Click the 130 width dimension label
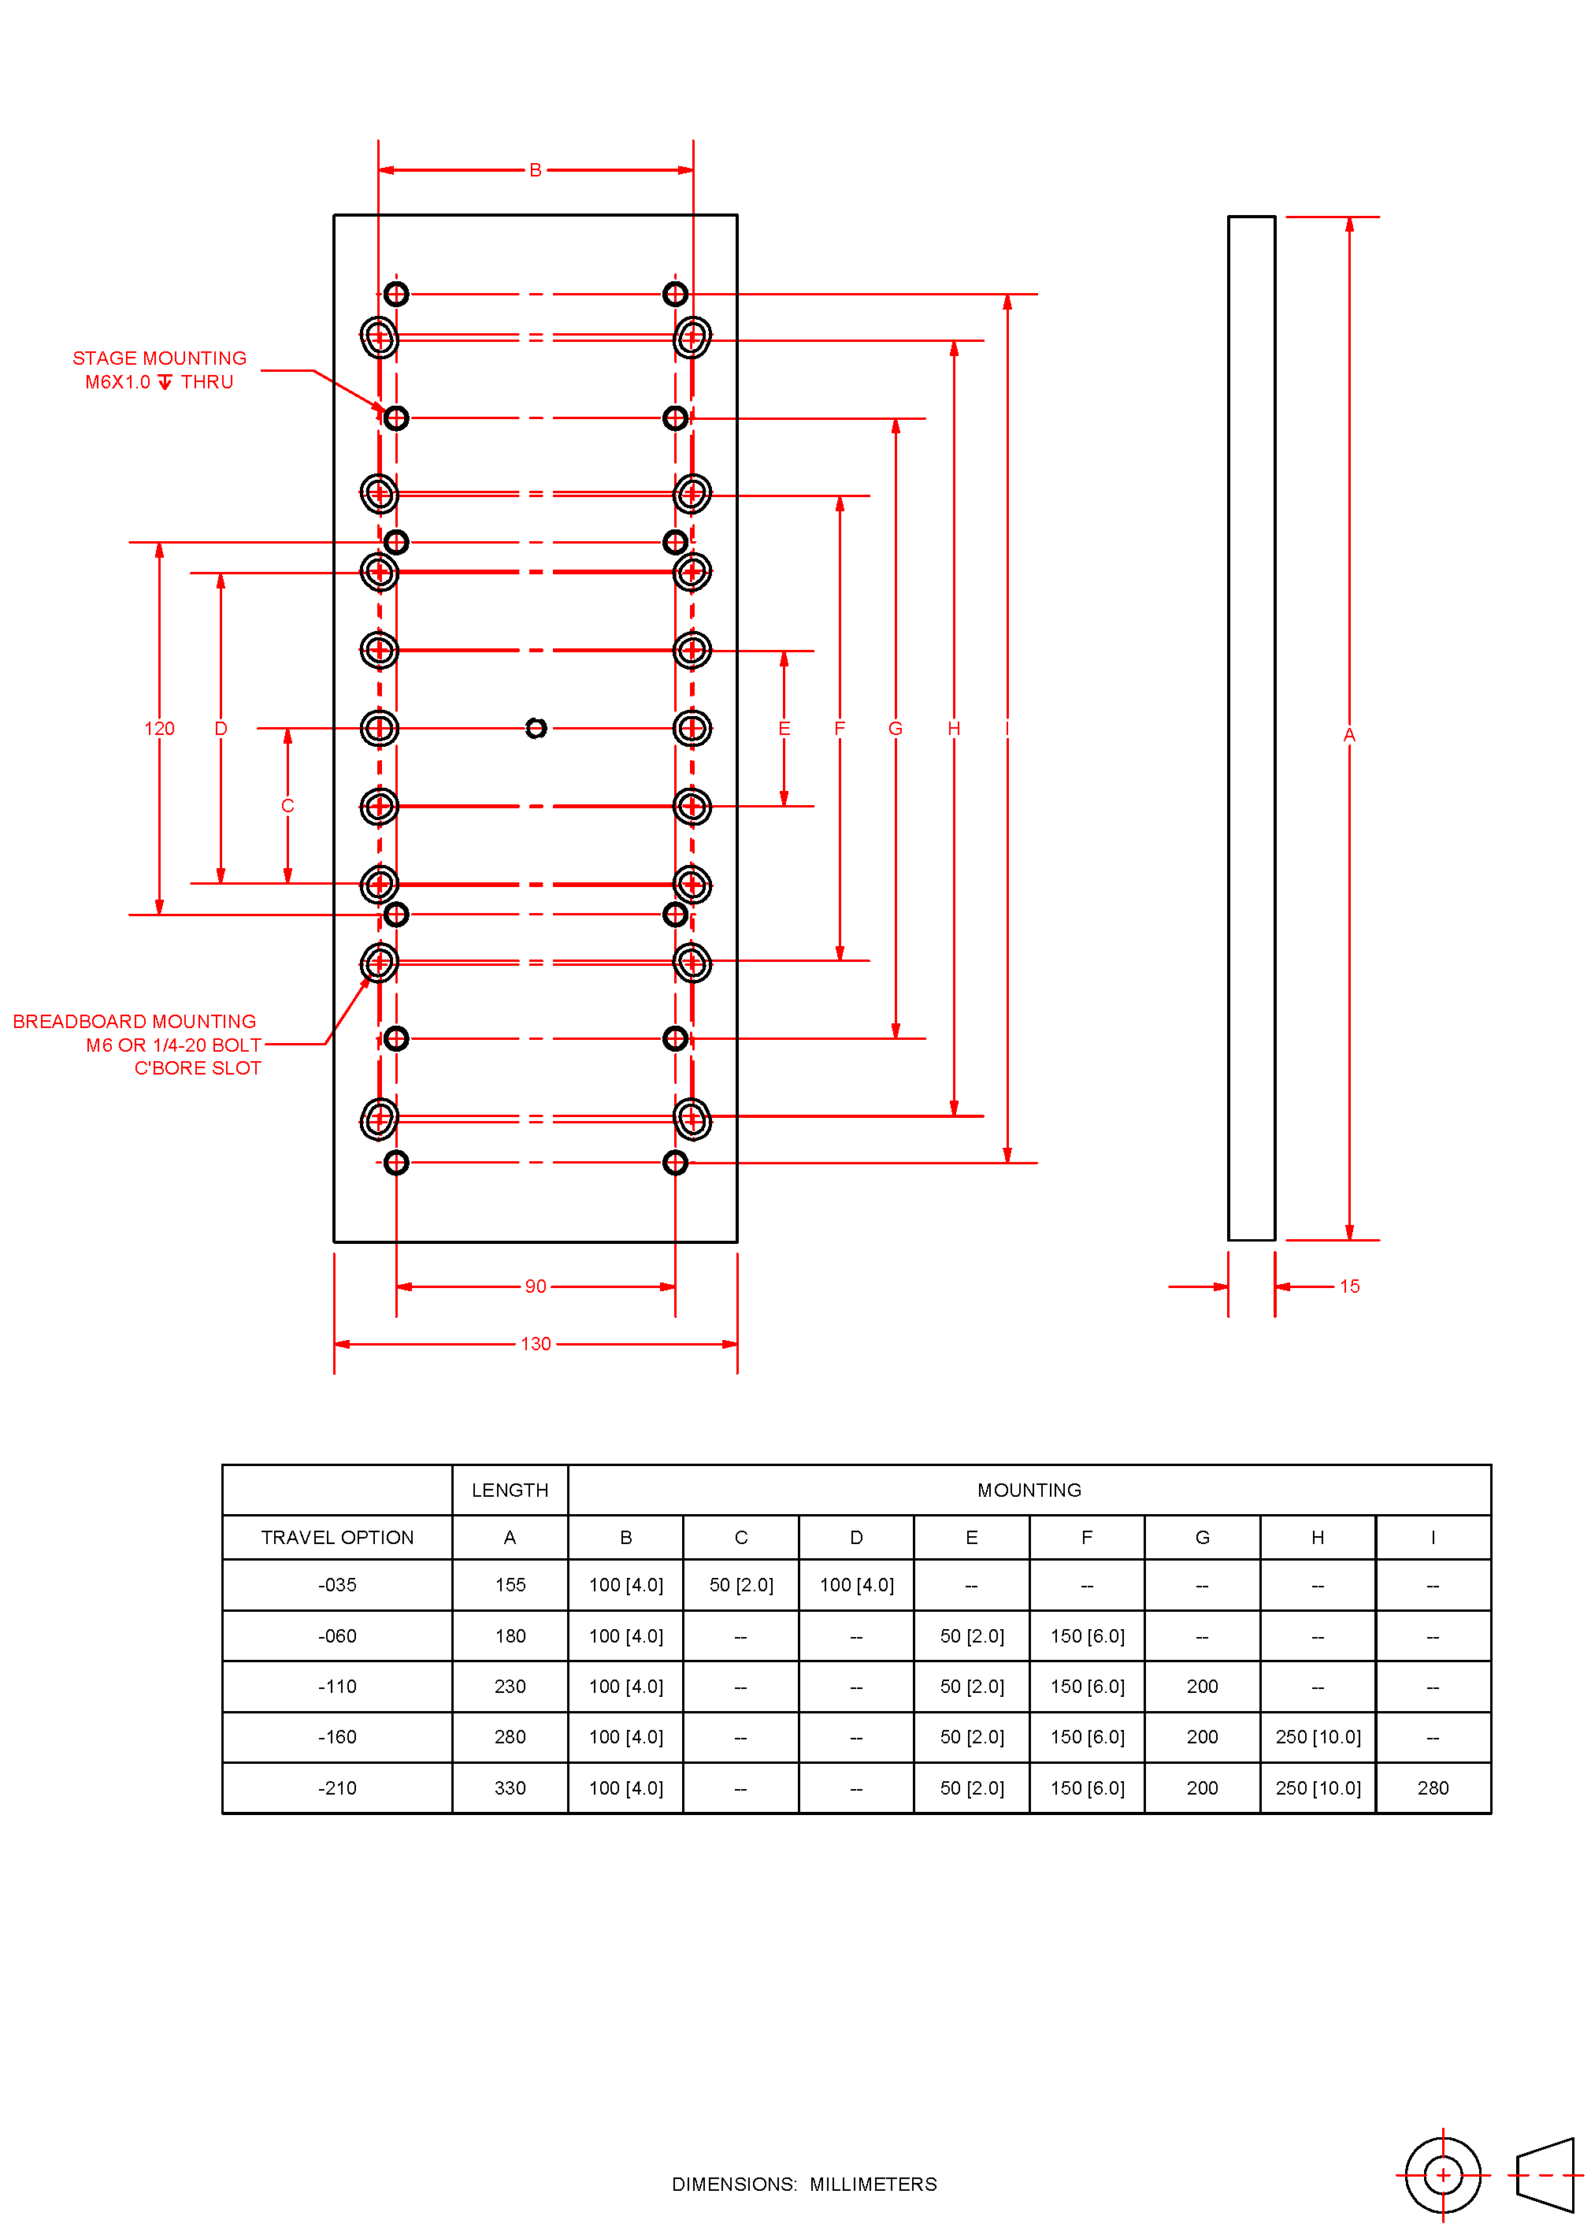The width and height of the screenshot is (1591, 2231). coord(535,1343)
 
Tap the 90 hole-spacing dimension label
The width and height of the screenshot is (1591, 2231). coord(535,1286)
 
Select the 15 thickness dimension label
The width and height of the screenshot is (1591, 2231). coord(1349,1286)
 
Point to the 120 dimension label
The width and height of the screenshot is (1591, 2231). coord(159,728)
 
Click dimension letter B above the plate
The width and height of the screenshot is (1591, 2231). coord(535,169)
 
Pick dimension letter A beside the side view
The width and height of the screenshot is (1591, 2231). coord(1349,734)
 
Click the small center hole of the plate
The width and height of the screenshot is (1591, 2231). coord(536,728)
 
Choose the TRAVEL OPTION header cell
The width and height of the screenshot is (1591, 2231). coord(337,1536)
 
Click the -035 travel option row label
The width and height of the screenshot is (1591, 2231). coord(337,1584)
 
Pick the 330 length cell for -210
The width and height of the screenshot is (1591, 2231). coord(510,1787)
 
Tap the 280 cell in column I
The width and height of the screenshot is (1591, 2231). coord(1432,1787)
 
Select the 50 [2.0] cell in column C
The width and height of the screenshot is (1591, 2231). coord(740,1584)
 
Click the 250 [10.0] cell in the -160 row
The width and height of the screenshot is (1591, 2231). coord(1318,1736)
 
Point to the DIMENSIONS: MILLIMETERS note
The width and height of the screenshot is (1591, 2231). coord(803,2184)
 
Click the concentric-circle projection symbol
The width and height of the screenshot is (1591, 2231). coord(1442,2175)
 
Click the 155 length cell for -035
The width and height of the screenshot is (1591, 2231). coord(510,1584)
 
